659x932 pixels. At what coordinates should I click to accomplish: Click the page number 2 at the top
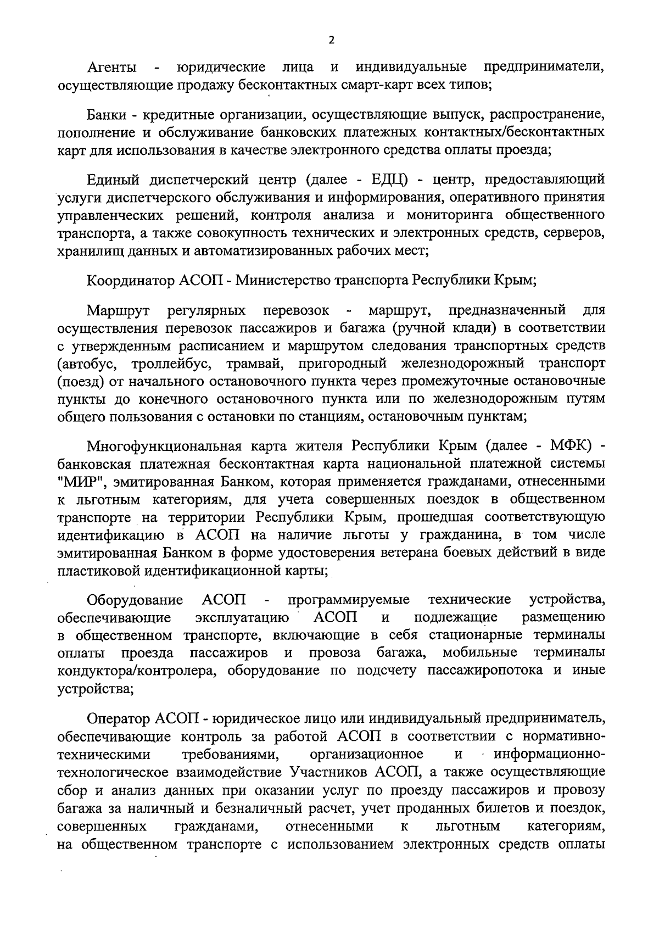331,40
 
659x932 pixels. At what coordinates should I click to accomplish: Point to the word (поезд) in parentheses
78,381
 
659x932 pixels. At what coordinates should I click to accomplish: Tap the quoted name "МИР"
77,482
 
